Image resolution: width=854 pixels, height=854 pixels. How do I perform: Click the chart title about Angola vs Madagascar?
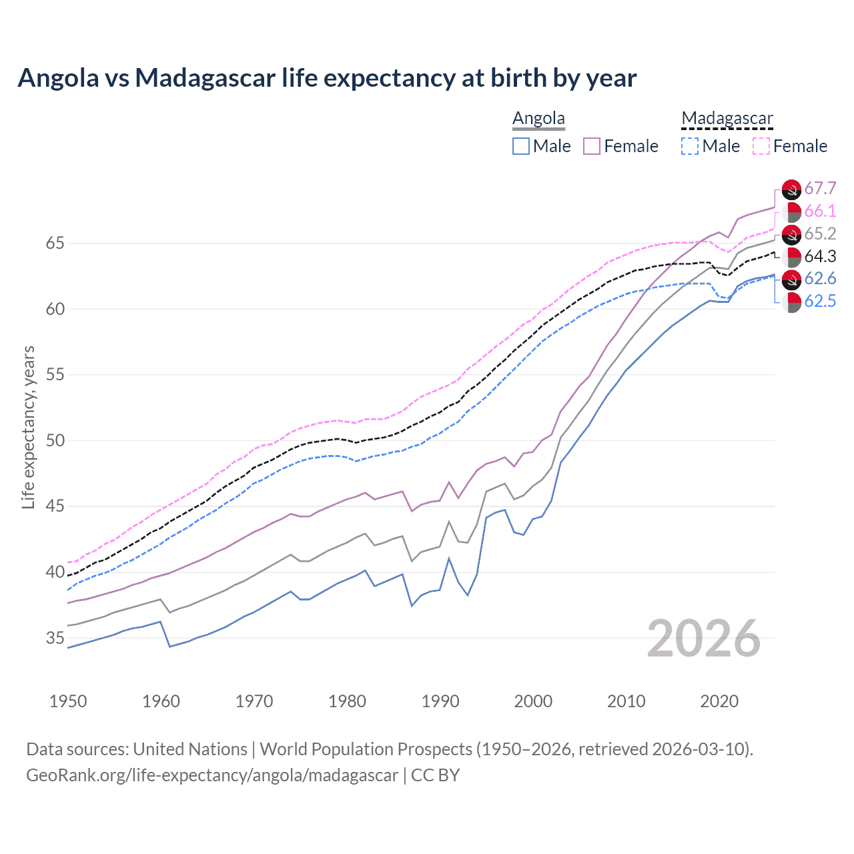pos(327,78)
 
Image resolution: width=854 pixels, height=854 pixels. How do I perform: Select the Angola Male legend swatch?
pos(521,146)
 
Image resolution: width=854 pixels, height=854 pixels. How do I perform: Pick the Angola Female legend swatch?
pos(592,146)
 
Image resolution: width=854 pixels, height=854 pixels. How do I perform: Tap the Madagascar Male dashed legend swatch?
pos(690,146)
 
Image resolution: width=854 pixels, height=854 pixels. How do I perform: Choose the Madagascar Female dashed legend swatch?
pos(761,146)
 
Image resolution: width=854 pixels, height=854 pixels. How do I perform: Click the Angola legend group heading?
pos(538,119)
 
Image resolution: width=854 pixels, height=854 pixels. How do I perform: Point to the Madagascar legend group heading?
pos(727,119)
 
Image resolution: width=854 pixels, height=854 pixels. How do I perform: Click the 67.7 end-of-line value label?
pos(820,189)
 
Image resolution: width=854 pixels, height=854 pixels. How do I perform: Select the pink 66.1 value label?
pos(820,211)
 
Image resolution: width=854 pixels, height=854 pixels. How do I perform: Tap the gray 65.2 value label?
pos(820,234)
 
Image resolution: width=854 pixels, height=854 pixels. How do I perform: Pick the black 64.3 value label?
pos(820,257)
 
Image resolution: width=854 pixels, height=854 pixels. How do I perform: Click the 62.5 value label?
pos(820,302)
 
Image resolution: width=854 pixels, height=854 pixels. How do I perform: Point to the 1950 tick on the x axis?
pos(68,701)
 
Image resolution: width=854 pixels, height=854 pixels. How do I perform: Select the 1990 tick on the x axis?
pos(440,701)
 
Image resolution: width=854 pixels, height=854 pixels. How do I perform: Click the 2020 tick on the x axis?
pos(719,701)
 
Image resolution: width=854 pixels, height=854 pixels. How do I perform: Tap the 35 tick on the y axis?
pos(55,638)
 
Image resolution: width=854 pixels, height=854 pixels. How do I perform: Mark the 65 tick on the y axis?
pos(55,244)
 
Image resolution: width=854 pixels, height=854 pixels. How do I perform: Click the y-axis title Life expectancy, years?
pos(28,427)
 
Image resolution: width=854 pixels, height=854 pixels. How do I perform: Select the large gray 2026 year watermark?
pos(703,639)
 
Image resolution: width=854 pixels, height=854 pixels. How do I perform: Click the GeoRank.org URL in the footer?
pos(212,775)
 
